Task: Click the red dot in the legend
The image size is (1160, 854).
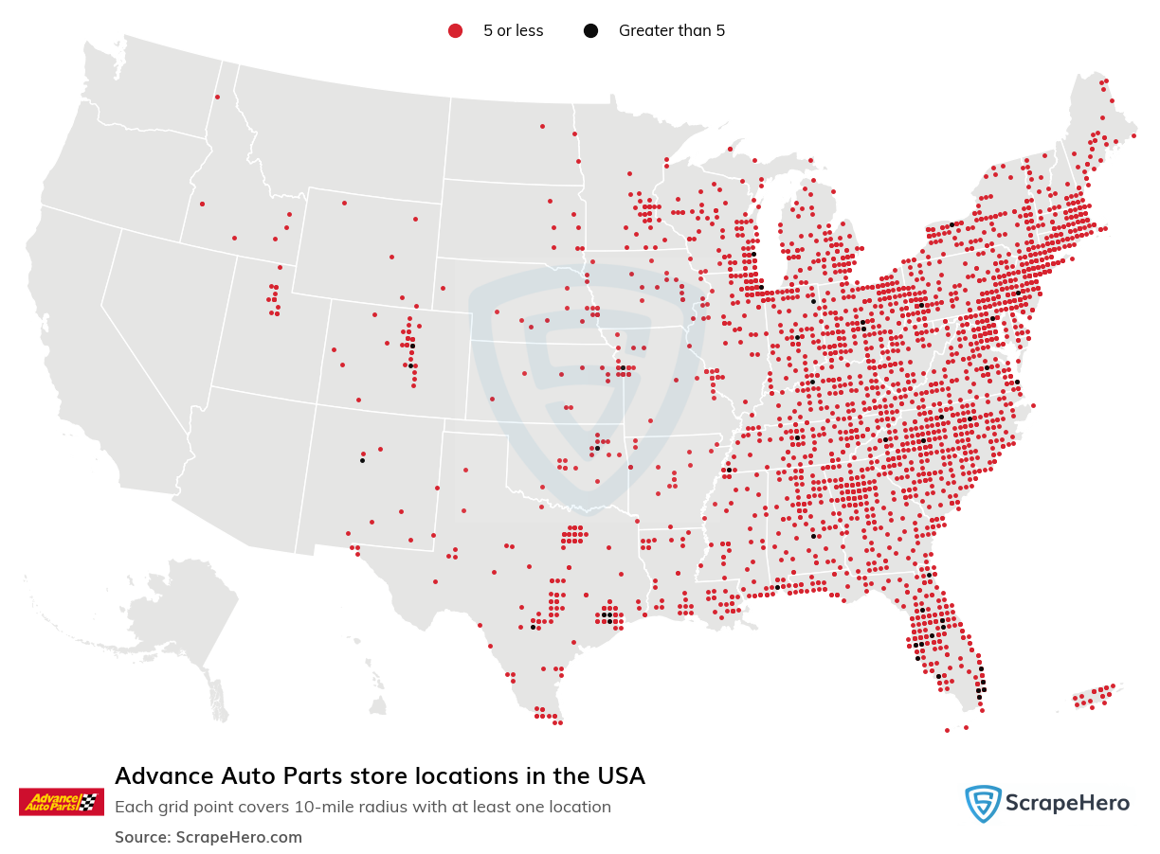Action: (455, 31)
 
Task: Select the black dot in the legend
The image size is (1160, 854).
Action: (590, 31)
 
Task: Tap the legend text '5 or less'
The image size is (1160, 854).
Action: (513, 31)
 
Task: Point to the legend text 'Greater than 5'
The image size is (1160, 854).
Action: (671, 31)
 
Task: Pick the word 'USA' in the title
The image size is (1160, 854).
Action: (618, 776)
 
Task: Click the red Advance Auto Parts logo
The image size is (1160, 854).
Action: (61, 801)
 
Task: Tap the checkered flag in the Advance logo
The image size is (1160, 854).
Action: (89, 801)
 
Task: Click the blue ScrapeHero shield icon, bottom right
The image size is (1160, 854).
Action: (983, 804)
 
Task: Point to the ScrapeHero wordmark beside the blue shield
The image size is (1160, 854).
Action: (1067, 804)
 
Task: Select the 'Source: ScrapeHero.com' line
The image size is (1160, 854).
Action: (208, 837)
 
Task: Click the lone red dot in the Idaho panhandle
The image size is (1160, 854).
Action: (217, 97)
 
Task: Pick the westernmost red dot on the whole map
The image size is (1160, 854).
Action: (202, 204)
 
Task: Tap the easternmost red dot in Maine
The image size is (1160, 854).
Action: (1133, 136)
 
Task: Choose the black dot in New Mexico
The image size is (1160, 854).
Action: (362, 460)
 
